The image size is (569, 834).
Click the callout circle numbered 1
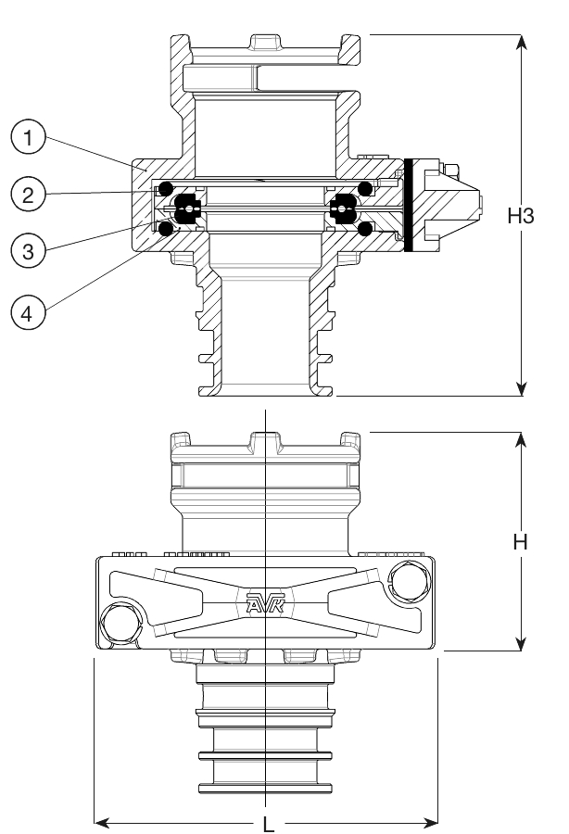coord(29,140)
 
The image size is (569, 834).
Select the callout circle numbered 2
coord(29,195)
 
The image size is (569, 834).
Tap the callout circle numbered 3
coord(29,252)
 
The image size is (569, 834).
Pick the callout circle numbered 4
coord(29,313)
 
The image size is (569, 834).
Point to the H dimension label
coord(522,543)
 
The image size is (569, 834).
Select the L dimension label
coord(267,822)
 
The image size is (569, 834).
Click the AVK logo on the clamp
coord(266,604)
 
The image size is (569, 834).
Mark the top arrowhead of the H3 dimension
coord(523,42)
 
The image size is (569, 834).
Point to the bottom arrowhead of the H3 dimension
coord(523,388)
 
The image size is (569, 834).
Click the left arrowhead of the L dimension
coord(102,821)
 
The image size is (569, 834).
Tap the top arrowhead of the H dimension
coord(523,438)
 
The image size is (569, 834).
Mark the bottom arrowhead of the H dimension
coord(523,643)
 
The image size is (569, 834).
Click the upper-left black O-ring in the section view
coord(167,190)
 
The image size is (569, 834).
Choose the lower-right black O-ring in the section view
coord(365,228)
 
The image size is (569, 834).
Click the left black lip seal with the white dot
coord(189,208)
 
